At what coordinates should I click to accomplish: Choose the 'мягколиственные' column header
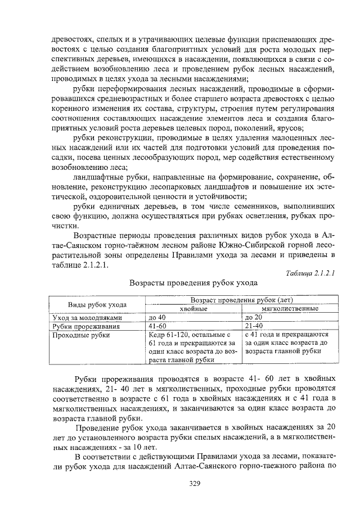click(x=289, y=309)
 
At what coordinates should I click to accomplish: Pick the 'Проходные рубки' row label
click(x=77, y=335)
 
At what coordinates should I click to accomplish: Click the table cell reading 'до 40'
click(x=157, y=318)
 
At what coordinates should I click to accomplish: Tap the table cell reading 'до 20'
click(x=254, y=318)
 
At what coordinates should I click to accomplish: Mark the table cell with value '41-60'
click(x=157, y=326)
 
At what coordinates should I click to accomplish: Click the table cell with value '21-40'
click(x=254, y=326)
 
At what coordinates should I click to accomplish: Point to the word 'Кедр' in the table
click(x=158, y=335)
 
